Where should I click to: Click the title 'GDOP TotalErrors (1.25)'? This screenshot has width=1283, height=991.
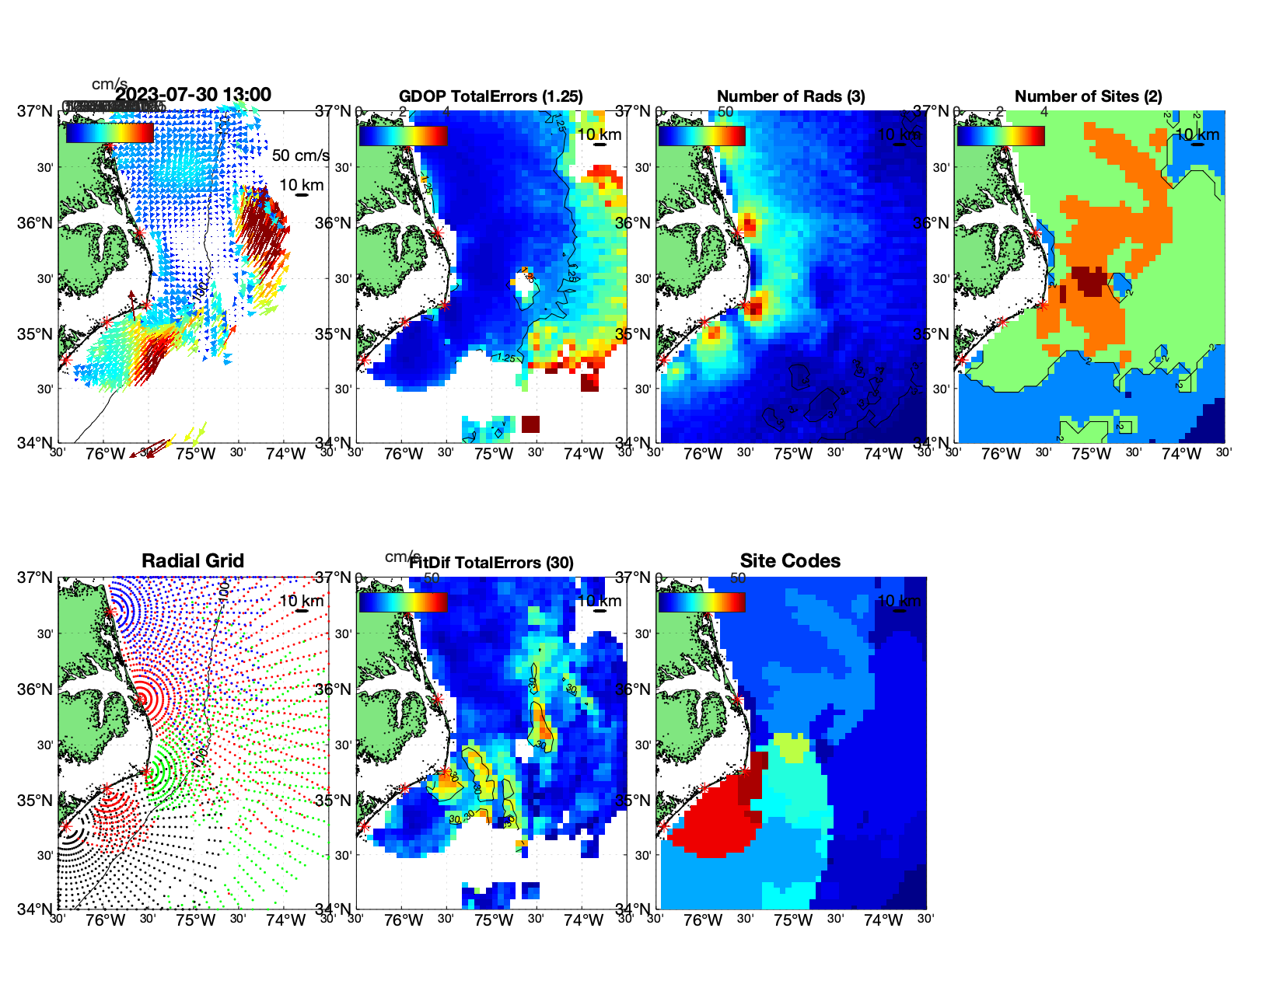491,96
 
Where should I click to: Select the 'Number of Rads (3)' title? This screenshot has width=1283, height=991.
791,96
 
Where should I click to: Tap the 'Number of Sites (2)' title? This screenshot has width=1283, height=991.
1088,96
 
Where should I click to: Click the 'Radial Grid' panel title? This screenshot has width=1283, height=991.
193,561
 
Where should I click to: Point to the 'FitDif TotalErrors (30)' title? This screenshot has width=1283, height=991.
491,563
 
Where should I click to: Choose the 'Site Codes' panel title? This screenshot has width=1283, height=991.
790,561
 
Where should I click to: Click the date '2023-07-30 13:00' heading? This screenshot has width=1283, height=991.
194,95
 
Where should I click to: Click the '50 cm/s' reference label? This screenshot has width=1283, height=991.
300,155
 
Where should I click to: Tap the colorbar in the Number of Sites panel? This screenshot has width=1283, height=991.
1001,135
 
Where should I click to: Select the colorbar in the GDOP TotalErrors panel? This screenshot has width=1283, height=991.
403,135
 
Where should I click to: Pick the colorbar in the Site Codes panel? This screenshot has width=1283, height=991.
701,602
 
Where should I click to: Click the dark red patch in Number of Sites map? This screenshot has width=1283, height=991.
1088,281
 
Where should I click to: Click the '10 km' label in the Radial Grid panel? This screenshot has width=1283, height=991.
301,601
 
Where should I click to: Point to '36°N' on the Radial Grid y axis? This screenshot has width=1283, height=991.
36,689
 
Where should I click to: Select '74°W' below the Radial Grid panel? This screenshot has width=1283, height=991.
285,920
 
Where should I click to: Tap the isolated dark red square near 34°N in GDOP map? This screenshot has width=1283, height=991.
530,424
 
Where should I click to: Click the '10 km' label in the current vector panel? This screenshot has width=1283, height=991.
301,185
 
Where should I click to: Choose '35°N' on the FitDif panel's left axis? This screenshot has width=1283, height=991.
334,801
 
